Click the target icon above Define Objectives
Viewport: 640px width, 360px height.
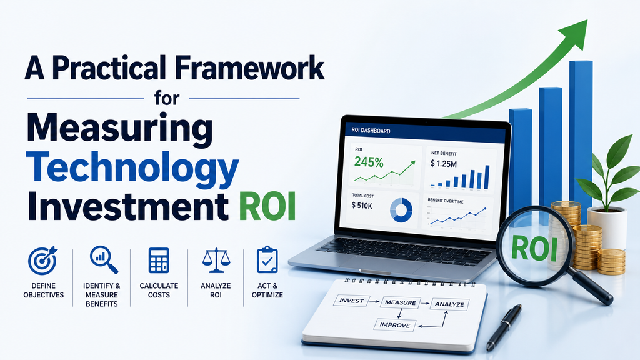(43, 261)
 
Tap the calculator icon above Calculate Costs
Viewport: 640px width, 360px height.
(159, 261)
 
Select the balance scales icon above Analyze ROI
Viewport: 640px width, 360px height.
(216, 261)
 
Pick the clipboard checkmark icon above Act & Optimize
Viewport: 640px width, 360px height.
(267, 259)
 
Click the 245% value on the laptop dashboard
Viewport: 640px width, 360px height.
(369, 162)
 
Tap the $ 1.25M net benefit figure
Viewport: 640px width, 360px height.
(444, 164)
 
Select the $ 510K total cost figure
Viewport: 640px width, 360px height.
(362, 206)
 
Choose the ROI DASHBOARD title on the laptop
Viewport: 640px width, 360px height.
(371, 131)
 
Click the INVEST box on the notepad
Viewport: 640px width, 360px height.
(351, 301)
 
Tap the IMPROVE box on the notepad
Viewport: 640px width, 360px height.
(395, 325)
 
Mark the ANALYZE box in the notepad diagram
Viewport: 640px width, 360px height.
(449, 304)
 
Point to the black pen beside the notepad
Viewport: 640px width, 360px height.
(504, 326)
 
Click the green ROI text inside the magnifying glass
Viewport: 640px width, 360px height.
(534, 248)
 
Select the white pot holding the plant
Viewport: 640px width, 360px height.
(607, 227)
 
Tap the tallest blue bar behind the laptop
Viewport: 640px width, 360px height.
(581, 135)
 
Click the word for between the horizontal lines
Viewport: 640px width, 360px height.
(167, 98)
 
